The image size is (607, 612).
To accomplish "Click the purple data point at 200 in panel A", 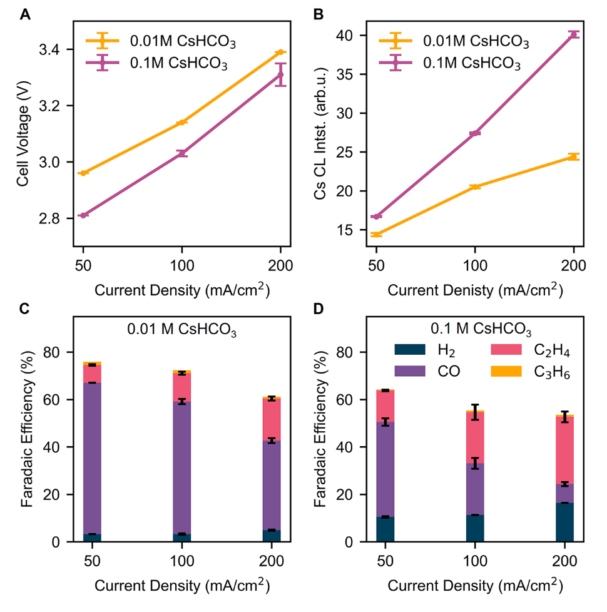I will tap(280, 75).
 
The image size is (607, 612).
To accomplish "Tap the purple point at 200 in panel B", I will tap(574, 34).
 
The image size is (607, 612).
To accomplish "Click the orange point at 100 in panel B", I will tap(475, 186).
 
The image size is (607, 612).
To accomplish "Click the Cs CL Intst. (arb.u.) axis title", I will tap(321, 134).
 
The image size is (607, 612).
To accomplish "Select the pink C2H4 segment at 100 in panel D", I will tap(475, 437).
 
